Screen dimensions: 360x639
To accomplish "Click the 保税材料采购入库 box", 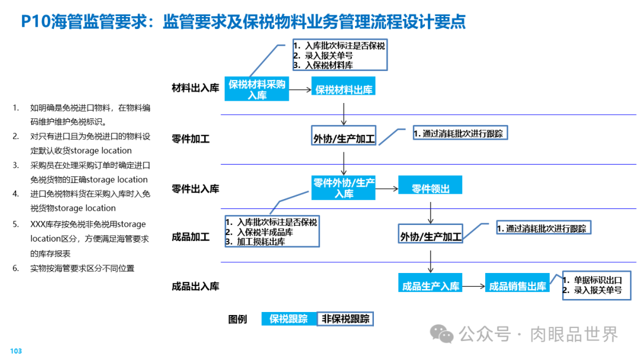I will (257, 89).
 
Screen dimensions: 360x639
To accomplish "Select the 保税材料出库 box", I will (344, 89).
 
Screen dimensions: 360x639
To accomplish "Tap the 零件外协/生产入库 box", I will (344, 188).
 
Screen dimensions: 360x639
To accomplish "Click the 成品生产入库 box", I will (430, 286).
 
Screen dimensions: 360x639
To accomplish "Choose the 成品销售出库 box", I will (517, 286).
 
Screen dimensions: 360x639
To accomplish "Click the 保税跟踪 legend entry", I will (289, 319).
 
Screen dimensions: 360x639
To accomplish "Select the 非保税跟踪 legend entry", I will (346, 319).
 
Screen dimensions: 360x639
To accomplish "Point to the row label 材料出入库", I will (195, 88).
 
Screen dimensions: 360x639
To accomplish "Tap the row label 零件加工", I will (191, 139).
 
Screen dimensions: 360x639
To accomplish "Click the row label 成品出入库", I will (195, 286).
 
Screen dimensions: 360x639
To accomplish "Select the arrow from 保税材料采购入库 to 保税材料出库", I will (300, 90).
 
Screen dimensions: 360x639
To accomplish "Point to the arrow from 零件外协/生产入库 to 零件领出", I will (386, 189).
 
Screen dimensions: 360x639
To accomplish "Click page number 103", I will (16, 351).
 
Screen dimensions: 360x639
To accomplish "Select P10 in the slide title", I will (35, 22).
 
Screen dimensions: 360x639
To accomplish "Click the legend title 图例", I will (237, 319).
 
